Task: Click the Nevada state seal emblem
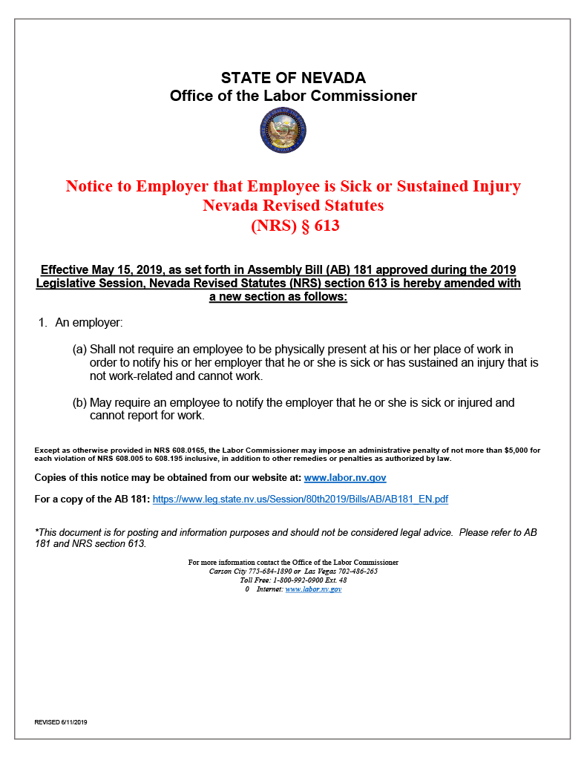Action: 283,131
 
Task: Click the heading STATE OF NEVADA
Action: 293,78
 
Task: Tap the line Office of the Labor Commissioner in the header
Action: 293,96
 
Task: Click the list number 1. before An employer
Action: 43,324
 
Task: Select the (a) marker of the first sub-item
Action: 79,349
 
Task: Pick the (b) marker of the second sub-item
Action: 79,403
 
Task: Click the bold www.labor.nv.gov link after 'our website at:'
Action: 345,478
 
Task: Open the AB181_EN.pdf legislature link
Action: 300,499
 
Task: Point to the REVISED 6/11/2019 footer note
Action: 61,722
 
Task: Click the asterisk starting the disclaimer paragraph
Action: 36,533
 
